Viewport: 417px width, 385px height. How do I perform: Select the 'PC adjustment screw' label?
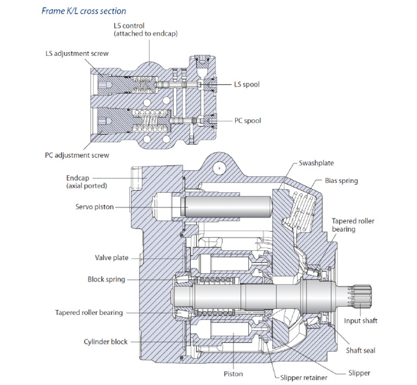click(x=77, y=155)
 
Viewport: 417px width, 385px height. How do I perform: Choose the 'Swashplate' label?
click(x=317, y=163)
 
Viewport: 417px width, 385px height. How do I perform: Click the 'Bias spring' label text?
click(x=341, y=180)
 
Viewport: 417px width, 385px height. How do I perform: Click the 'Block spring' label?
click(x=106, y=280)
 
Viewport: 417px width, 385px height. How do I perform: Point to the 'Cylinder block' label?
click(x=105, y=342)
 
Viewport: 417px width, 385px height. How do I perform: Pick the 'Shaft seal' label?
click(x=361, y=350)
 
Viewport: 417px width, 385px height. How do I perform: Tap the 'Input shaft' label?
click(x=361, y=321)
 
